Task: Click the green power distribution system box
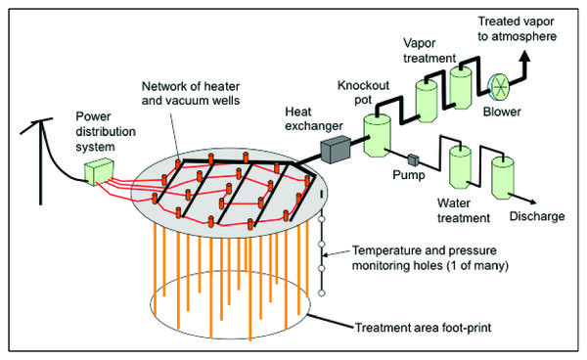point(99,171)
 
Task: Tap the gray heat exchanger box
point(336,150)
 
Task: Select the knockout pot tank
point(377,135)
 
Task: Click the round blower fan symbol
point(499,87)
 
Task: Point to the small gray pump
point(413,159)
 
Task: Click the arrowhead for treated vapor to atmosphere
point(525,58)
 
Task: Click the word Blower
point(502,112)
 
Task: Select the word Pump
point(409,175)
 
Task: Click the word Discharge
point(537,216)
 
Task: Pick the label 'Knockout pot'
point(364,92)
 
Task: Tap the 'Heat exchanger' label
point(314,119)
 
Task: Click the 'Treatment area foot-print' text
point(423,328)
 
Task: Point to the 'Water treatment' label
point(464,210)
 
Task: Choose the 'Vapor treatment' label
point(429,51)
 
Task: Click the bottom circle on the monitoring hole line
point(321,293)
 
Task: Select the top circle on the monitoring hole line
point(321,220)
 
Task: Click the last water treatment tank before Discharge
point(503,178)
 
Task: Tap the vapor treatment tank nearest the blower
point(461,88)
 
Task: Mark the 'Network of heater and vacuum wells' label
point(191,93)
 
